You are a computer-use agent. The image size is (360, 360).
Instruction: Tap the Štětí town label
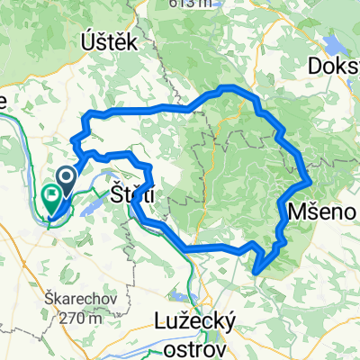point(131,193)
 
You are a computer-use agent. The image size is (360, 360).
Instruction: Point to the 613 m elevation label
point(193,4)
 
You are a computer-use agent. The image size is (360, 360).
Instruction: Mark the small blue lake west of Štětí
point(94,206)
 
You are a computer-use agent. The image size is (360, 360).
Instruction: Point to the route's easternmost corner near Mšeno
point(310,183)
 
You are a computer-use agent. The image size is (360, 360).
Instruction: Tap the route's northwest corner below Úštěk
point(86,114)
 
